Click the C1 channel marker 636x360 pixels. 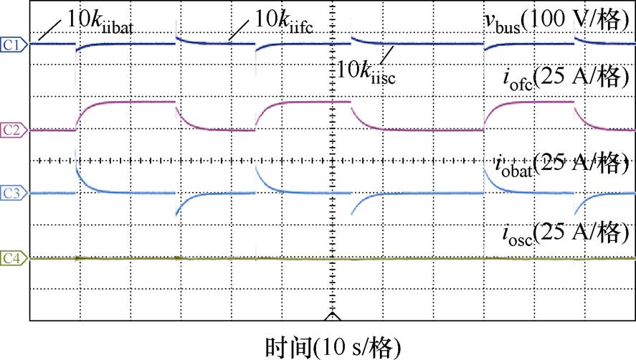click(14, 44)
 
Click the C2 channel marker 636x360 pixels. click(14, 130)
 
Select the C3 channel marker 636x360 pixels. click(14, 193)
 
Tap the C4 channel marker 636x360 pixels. click(14, 257)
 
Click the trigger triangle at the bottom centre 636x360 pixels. click(331, 316)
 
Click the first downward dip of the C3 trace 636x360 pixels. click(178, 209)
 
